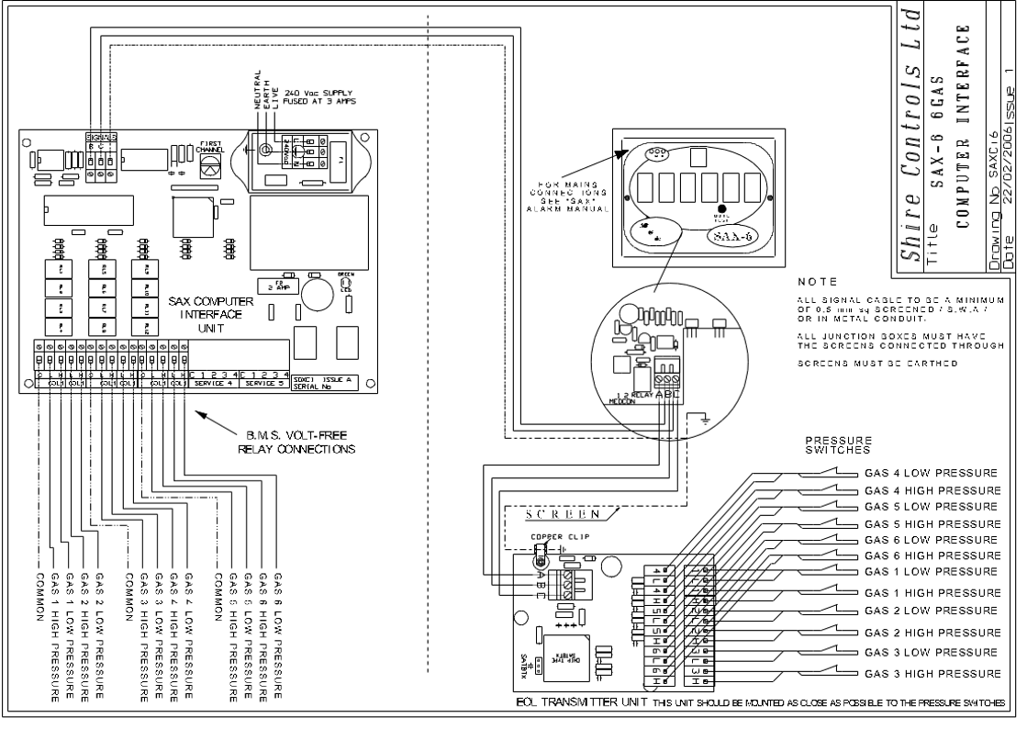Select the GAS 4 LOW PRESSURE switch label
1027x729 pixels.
click(931, 474)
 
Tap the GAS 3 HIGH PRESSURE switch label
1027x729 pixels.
click(931, 674)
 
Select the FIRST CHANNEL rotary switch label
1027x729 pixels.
click(210, 147)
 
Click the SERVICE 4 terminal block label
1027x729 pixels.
click(215, 383)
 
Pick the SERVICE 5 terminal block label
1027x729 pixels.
click(264, 383)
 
